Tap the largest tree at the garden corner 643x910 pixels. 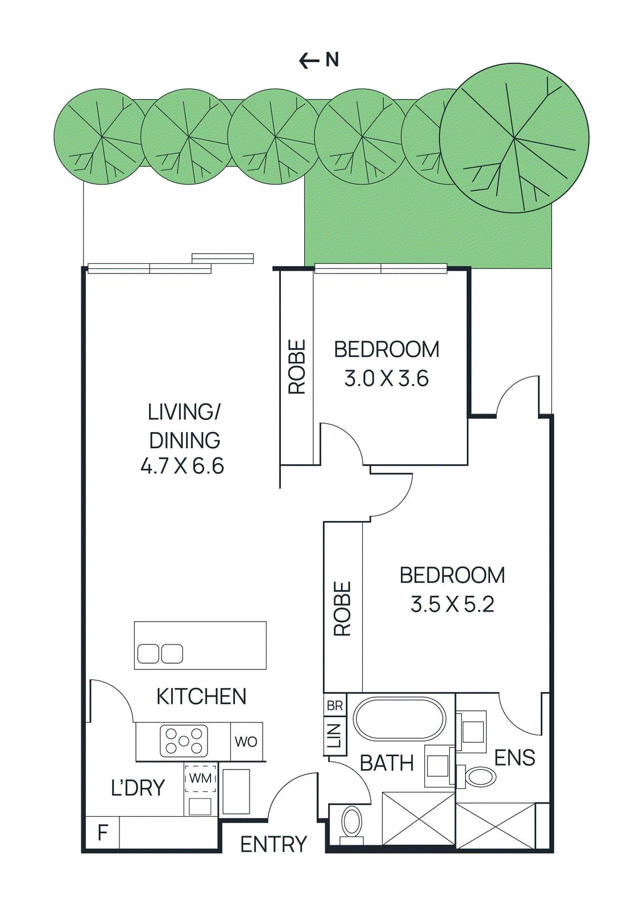[514, 138]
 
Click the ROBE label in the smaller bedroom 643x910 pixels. [297, 367]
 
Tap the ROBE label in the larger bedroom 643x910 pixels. [342, 609]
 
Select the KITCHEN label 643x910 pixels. [201, 697]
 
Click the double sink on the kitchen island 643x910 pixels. [160, 654]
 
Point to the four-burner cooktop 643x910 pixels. [184, 741]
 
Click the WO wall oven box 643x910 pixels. [246, 742]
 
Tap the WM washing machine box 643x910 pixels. [200, 778]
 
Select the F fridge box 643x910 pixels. [102, 833]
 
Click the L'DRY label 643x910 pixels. [138, 788]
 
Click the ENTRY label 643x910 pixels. [273, 845]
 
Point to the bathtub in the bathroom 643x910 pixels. [400, 718]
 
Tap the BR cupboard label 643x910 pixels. [335, 706]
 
